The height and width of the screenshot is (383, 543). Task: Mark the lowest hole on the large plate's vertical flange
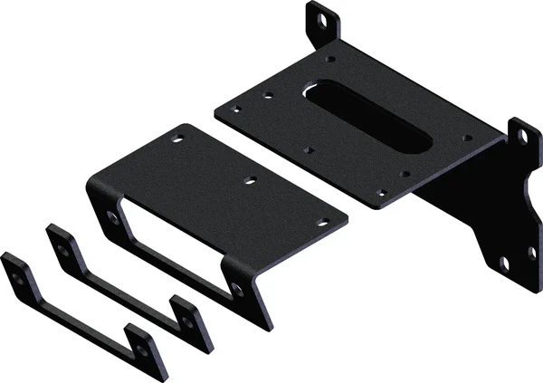504,263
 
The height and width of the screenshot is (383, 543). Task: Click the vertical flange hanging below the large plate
471,208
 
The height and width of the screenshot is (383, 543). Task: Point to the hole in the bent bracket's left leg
111,217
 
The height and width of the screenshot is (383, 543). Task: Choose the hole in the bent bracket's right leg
237,288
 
